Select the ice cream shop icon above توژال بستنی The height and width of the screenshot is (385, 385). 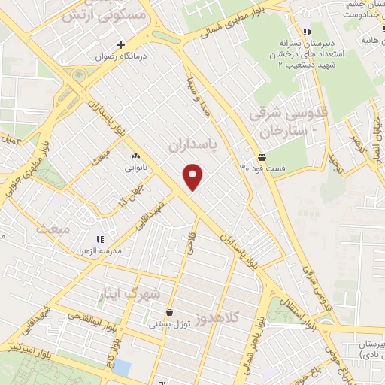coord(169,312)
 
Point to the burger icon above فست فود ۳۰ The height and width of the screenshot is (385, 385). coord(261,157)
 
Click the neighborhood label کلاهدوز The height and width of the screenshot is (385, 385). coord(216,319)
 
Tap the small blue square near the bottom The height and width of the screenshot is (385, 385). coord(123,368)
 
